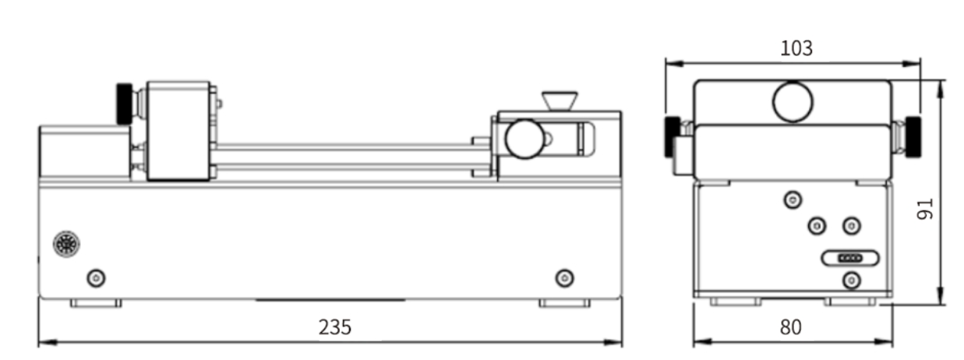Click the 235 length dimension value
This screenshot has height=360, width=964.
pyautogui.click(x=335, y=327)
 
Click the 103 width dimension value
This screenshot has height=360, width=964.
pyautogui.click(x=796, y=48)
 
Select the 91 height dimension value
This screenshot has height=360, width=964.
pyautogui.click(x=924, y=210)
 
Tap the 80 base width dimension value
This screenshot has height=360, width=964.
pyautogui.click(x=790, y=327)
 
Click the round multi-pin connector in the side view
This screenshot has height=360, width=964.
pyautogui.click(x=66, y=245)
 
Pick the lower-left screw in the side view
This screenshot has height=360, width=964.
pyautogui.click(x=97, y=278)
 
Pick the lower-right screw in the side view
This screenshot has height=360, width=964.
pyautogui.click(x=565, y=278)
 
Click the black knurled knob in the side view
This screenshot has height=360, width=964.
pyautogui.click(x=125, y=104)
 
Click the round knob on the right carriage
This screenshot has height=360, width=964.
pyautogui.click(x=524, y=139)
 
